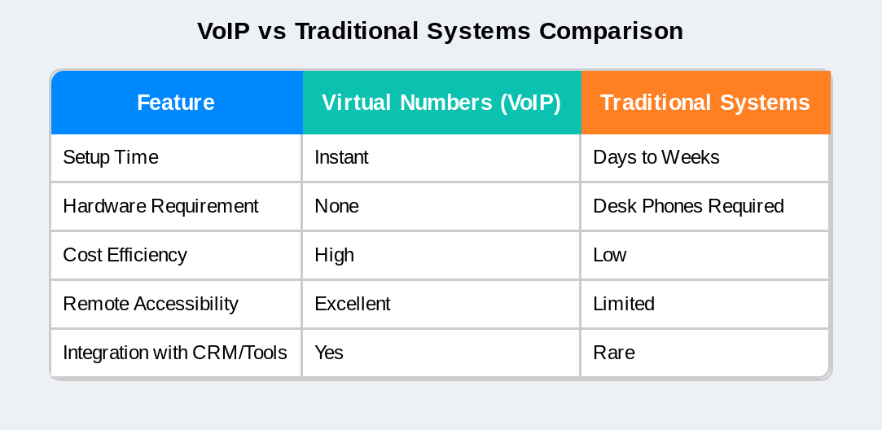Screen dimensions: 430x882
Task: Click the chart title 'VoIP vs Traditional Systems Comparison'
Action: tap(440, 31)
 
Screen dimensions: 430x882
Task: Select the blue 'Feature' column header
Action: tap(176, 103)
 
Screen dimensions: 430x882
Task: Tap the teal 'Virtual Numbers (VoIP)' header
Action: tap(441, 103)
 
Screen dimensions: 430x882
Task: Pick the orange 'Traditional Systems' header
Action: tap(705, 103)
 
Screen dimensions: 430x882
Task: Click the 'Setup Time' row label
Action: tap(111, 157)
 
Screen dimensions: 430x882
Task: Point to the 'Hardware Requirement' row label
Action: tap(160, 206)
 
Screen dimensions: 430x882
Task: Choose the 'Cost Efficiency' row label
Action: tap(125, 255)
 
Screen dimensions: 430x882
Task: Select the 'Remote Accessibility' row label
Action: tap(151, 304)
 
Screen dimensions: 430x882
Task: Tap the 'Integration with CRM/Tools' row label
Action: tap(175, 353)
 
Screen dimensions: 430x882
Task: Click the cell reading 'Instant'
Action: tap(341, 157)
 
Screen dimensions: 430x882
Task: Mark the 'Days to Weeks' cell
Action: tap(656, 157)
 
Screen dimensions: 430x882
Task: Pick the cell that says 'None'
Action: tap(336, 206)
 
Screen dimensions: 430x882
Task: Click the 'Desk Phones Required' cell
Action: tap(688, 206)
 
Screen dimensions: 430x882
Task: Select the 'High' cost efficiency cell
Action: tap(334, 255)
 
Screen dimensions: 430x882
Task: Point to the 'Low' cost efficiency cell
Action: tap(610, 255)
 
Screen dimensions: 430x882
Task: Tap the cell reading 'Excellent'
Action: tap(353, 304)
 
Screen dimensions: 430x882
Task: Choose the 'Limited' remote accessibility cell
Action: tap(624, 304)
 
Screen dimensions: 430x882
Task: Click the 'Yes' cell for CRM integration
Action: tap(329, 353)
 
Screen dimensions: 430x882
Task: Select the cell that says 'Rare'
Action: tap(614, 353)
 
